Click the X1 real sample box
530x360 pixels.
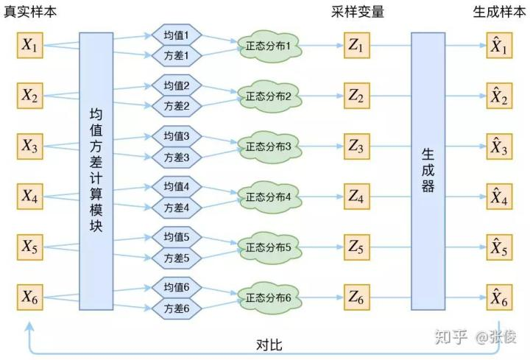[x=30, y=46]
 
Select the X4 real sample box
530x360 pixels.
[x=30, y=197]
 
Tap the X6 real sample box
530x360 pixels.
[x=30, y=298]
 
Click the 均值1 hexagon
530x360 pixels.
[x=177, y=35]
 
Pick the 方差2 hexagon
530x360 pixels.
[x=177, y=106]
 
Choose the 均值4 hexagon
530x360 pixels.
[x=177, y=187]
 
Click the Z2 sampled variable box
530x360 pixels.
[x=356, y=96]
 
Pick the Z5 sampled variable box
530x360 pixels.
[x=356, y=247]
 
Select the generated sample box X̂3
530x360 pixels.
[x=499, y=147]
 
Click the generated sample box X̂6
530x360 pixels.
[x=499, y=298]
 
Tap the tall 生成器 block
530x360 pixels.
[x=428, y=171]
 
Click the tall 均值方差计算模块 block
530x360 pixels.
[x=96, y=171]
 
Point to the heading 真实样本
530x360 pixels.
[x=29, y=12]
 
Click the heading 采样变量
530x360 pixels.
[x=358, y=12]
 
